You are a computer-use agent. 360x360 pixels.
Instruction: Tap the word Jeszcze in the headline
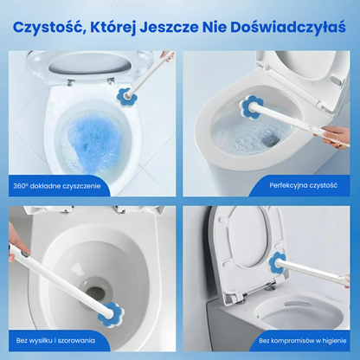(169, 28)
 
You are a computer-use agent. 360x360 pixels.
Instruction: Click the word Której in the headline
(112, 28)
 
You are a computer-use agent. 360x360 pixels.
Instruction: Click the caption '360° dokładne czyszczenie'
(57, 186)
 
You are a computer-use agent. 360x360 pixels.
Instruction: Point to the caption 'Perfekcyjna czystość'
(304, 185)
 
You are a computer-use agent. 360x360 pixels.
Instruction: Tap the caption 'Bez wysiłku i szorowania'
(55, 340)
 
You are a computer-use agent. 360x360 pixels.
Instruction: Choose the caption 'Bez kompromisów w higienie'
(303, 341)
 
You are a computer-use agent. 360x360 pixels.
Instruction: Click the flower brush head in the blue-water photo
(126, 96)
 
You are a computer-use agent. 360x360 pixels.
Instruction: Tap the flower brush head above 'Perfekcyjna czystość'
(252, 106)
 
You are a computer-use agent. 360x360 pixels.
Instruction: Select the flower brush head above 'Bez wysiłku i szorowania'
(111, 312)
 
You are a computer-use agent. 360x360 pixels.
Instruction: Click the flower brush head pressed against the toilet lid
(277, 262)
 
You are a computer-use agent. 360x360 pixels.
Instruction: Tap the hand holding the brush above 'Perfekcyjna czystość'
(336, 136)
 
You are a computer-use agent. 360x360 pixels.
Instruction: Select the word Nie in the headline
(214, 28)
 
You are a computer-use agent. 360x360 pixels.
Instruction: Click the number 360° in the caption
(21, 186)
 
